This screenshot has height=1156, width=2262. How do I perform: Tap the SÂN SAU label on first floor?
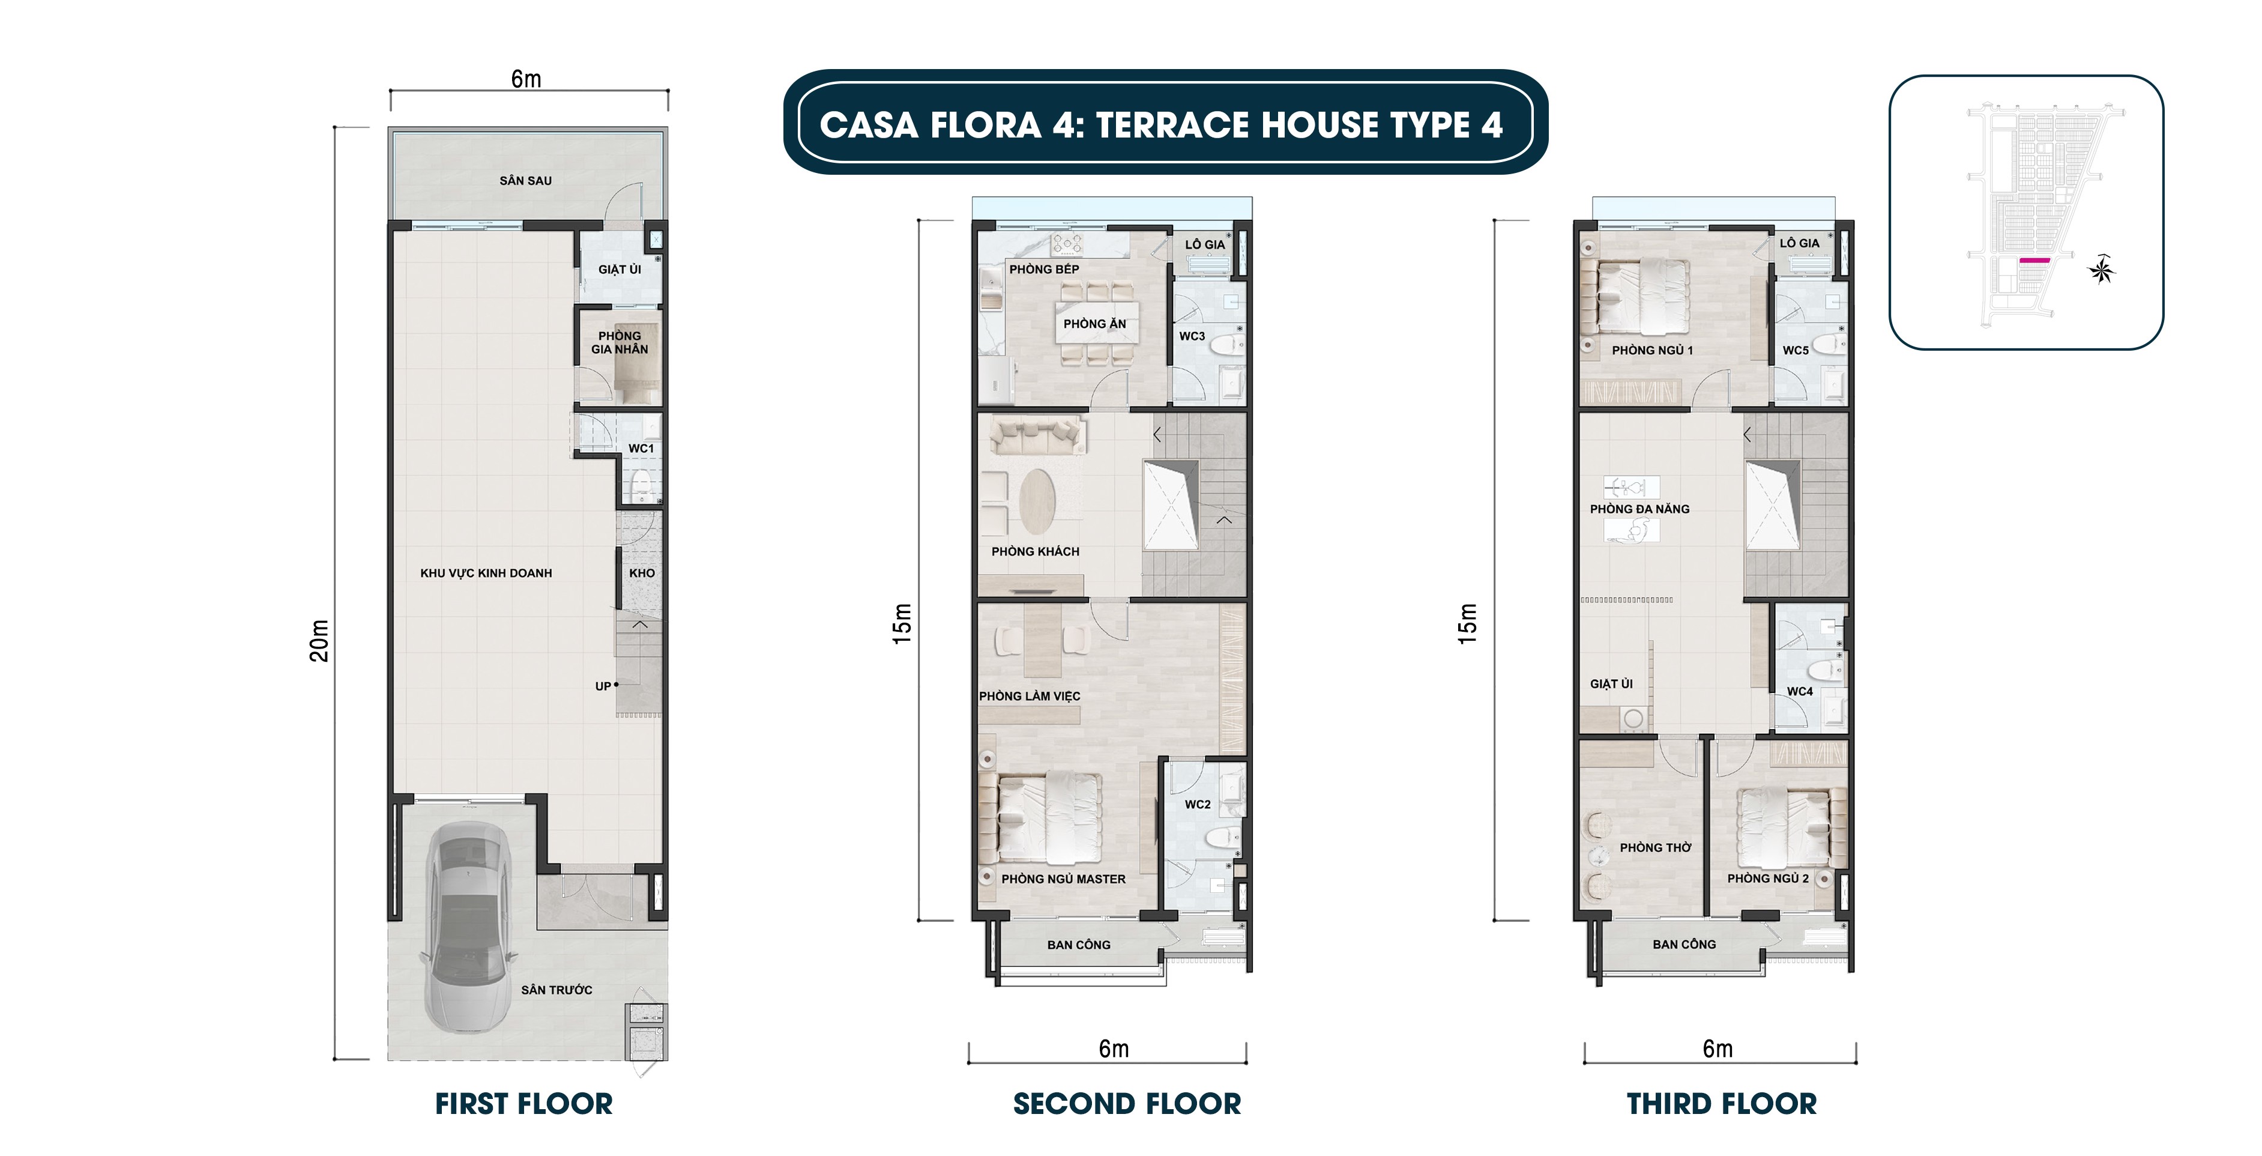pyautogui.click(x=525, y=181)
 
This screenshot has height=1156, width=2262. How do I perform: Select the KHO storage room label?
pyautogui.click(x=642, y=573)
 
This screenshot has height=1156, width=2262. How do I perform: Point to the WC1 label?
pyautogui.click(x=641, y=448)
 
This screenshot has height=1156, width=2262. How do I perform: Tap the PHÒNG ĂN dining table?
pyautogui.click(x=1096, y=323)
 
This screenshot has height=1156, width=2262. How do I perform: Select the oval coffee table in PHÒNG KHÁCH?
pyautogui.click(x=1038, y=501)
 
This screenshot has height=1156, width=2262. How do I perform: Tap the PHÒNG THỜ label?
pyautogui.click(x=1654, y=848)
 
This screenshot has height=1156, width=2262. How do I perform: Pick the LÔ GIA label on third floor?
pyautogui.click(x=1799, y=243)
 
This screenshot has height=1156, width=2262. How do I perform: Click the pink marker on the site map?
pyautogui.click(x=2034, y=261)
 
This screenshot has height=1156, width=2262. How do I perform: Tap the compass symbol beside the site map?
pyautogui.click(x=2101, y=270)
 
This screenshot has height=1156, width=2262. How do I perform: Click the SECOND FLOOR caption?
pyautogui.click(x=1127, y=1104)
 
